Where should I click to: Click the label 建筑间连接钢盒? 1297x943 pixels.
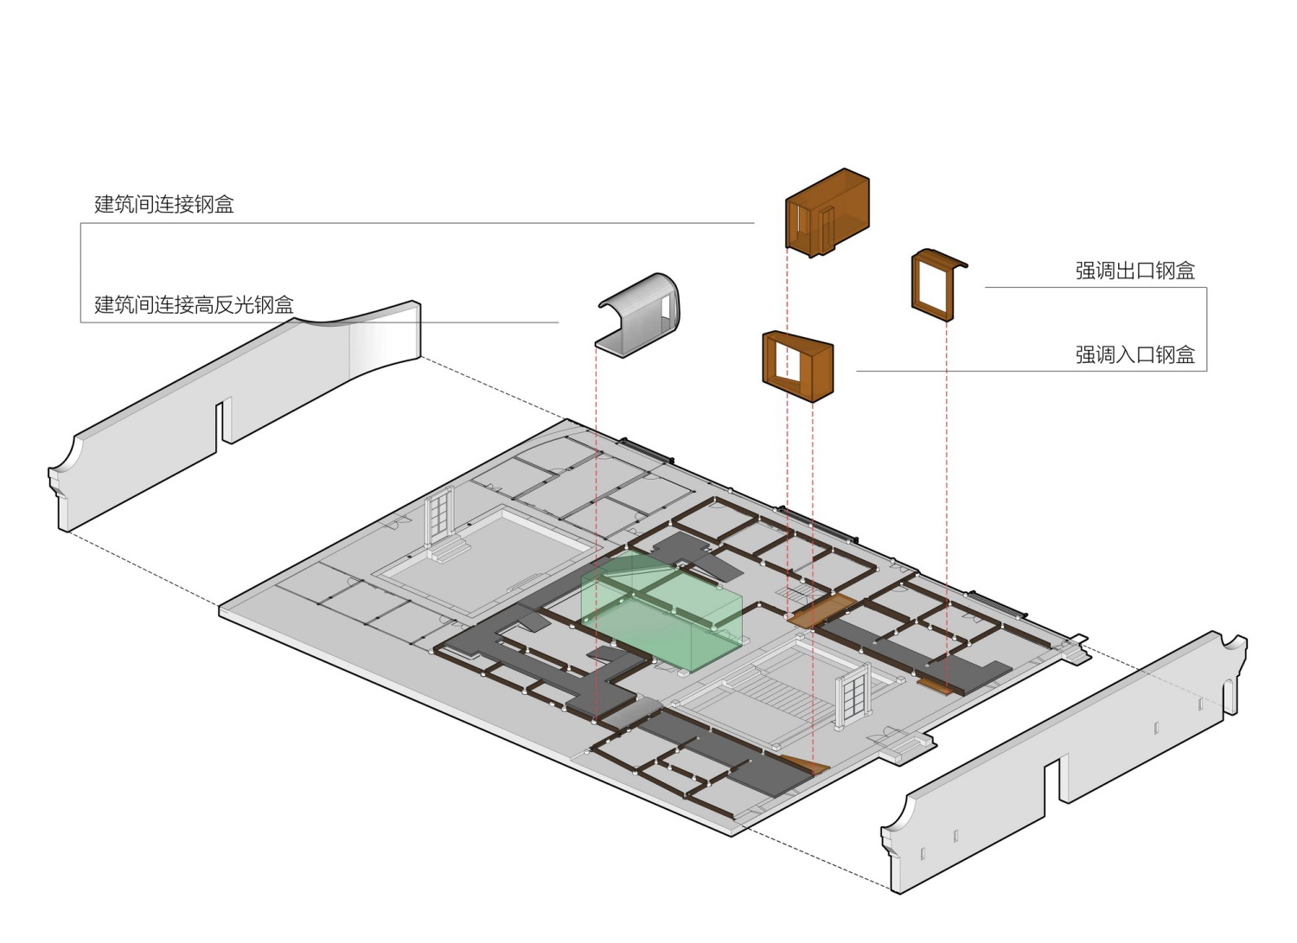click(164, 204)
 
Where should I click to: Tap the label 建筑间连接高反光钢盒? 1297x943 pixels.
click(194, 304)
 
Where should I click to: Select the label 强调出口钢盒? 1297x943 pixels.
click(1134, 271)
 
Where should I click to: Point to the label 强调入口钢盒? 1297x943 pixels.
click(1134, 354)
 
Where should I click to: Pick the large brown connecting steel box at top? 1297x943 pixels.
click(827, 213)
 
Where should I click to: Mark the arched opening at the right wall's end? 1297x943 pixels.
click(1230, 697)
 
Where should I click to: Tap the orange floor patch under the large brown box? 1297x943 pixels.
click(821, 611)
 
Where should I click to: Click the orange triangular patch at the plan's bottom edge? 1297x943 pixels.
click(807, 765)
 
